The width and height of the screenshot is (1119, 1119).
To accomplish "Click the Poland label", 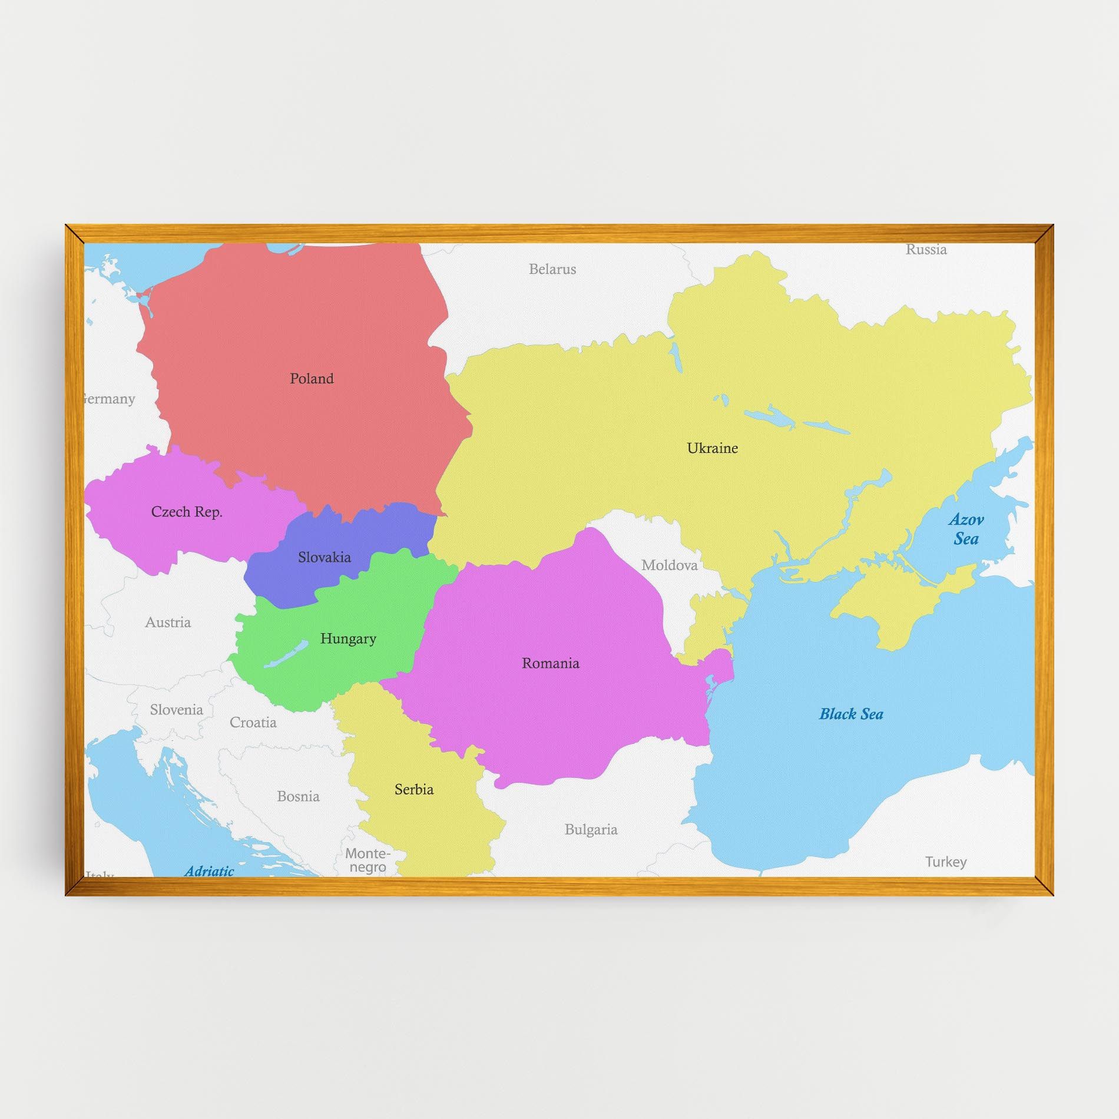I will tap(312, 379).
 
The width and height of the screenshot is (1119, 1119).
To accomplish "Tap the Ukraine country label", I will tap(712, 448).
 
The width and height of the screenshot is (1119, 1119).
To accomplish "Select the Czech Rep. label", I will tap(187, 512).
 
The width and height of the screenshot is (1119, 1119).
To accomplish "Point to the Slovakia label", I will tap(324, 557).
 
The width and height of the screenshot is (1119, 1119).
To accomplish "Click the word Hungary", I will tap(348, 639).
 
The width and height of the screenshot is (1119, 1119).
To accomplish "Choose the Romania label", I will tap(550, 664).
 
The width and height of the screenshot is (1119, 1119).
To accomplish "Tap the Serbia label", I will tap(414, 790).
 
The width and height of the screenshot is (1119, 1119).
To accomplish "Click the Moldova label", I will tap(669, 565).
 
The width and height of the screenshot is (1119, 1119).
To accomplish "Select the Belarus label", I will tap(552, 269).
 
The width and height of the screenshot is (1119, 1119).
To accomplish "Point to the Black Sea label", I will tap(851, 714).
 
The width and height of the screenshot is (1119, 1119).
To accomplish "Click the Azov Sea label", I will tap(966, 529).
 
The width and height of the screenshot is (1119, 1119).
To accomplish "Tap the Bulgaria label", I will tap(591, 830).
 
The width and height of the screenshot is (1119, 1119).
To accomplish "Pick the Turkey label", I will tap(945, 862).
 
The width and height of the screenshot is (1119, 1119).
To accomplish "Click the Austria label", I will tap(168, 623).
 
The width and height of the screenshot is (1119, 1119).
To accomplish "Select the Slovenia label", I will tap(176, 710).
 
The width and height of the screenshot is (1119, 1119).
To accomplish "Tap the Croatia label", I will tap(253, 723).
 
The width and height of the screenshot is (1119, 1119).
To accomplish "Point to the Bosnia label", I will tap(298, 797).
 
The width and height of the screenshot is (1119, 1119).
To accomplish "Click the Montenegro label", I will tap(368, 860).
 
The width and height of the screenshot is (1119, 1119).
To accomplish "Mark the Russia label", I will tap(926, 250).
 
